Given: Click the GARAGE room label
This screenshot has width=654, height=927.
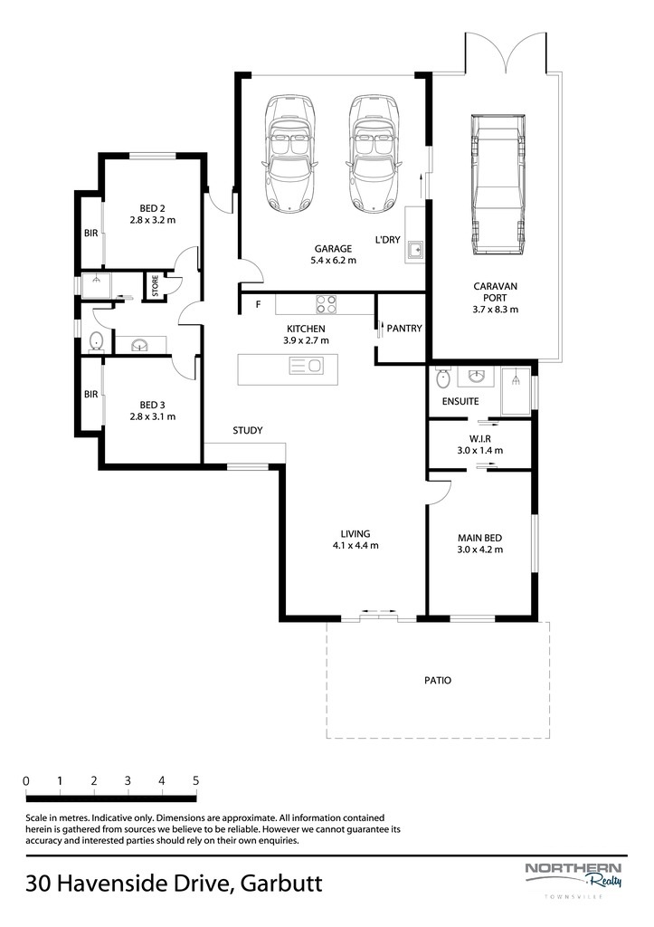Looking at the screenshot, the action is [x=333, y=249].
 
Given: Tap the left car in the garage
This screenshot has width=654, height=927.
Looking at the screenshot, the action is [x=289, y=153].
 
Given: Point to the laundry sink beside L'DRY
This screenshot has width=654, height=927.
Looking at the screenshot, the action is [x=416, y=251].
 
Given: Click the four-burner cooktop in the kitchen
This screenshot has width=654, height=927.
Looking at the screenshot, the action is [x=327, y=304].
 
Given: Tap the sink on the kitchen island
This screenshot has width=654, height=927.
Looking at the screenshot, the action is [x=306, y=366].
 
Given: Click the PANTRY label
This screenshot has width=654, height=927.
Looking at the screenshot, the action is [x=404, y=328].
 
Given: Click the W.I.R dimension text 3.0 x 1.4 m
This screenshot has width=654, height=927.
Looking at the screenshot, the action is [x=480, y=451].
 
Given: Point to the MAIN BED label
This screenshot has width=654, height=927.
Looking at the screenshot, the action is [x=480, y=538].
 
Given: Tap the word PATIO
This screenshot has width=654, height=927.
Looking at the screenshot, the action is [x=438, y=681].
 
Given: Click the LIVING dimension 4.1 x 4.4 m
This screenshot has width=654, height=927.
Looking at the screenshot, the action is [x=355, y=546].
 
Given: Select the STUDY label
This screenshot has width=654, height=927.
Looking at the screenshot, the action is [x=248, y=430].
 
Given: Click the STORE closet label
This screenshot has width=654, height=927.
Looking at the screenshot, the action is [x=156, y=286].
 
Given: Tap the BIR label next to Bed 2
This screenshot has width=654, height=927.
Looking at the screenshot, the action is [x=91, y=234].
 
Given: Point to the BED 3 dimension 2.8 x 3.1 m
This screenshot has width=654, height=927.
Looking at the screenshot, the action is [x=153, y=416].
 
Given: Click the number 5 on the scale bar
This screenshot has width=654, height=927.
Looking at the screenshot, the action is [x=196, y=781].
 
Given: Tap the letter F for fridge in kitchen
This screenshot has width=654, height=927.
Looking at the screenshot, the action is [x=258, y=305].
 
